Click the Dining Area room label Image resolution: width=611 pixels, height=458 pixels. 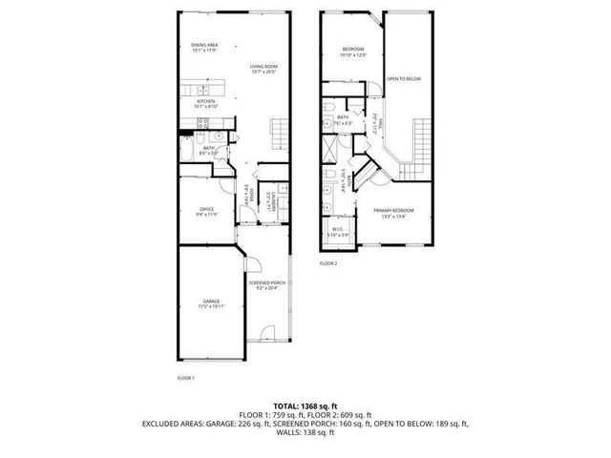pos(205,45)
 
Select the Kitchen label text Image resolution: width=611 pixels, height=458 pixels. pos(206,101)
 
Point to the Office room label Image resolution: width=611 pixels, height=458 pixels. pos(205,209)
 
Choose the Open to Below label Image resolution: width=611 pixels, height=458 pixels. pos(403,79)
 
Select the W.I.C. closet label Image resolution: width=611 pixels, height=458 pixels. pos(339,229)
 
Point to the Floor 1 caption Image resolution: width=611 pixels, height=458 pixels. pos(186,378)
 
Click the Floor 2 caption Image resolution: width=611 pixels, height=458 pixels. pos(329,262)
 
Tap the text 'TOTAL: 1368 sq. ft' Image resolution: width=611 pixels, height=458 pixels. pos(305,405)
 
